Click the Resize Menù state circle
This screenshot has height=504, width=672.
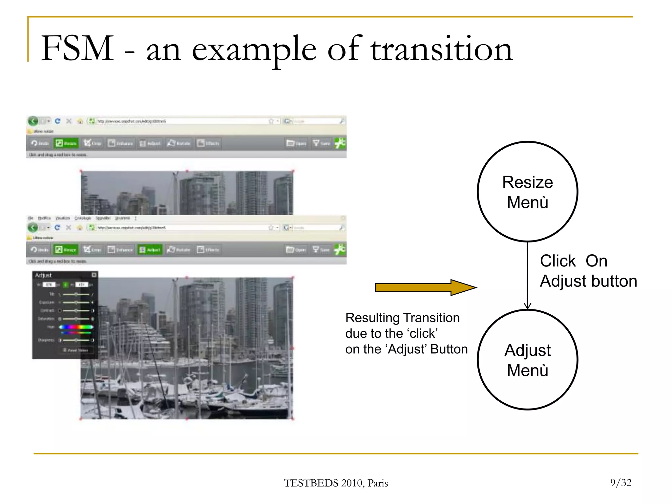[x=527, y=192]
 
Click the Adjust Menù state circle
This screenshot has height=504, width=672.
[x=527, y=360]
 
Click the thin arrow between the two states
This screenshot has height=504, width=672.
[x=528, y=276]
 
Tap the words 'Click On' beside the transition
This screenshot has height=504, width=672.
[x=574, y=261]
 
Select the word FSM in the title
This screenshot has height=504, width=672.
[x=77, y=48]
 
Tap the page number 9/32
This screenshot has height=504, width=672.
[x=620, y=482]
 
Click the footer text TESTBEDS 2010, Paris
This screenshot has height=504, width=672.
[x=336, y=483]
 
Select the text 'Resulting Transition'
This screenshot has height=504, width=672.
[x=402, y=318]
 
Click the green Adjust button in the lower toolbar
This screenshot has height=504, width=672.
[x=150, y=250]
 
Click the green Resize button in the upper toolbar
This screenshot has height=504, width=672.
[x=66, y=143]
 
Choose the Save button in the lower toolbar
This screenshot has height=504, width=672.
[x=321, y=250]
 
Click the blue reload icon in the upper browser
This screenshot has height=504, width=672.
[x=57, y=121]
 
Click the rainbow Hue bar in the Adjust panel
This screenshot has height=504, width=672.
[x=76, y=327]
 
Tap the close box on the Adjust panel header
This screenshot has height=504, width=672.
[x=94, y=275]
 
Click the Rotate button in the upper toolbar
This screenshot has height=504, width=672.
[x=179, y=143]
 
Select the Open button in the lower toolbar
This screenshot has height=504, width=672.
[x=296, y=250]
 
